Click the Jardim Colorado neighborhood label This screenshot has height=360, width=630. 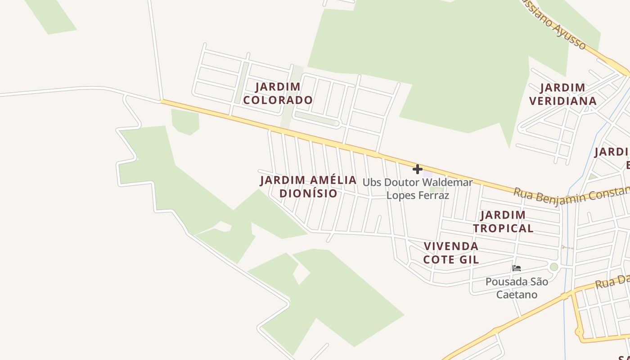coord(278,93)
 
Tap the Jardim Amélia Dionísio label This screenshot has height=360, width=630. coord(308,187)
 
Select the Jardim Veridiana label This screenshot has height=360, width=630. coord(563,94)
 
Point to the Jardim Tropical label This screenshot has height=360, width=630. coord(503,221)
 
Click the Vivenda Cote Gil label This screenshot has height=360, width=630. coord(451,253)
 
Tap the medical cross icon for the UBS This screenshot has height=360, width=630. coord(418,169)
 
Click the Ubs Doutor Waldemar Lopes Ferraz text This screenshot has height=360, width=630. coord(418,189)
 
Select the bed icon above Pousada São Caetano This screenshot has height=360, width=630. coord(516,268)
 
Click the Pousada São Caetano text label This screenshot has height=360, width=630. coord(517,288)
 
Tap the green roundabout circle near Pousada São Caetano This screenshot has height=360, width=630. coord(554,267)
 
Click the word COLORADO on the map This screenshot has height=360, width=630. coord(278,100)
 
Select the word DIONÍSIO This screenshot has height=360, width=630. coord(308,193)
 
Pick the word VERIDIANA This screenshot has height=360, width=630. coord(563,101)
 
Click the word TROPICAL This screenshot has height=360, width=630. coord(503,228)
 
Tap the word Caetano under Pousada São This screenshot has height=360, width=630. coord(517,295)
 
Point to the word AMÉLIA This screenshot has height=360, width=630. coord(333,180)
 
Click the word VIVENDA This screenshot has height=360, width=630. coord(451,247)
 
